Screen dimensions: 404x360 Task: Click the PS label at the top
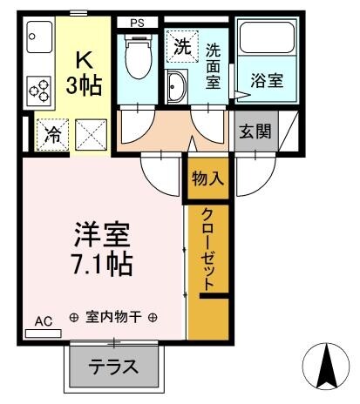coord(138,22)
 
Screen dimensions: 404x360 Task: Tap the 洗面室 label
coord(214,65)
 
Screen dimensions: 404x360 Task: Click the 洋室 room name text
coord(103,234)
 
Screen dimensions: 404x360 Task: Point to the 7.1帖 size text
coord(103,262)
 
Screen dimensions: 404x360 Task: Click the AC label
coord(44,321)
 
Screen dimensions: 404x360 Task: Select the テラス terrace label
coord(114,367)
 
